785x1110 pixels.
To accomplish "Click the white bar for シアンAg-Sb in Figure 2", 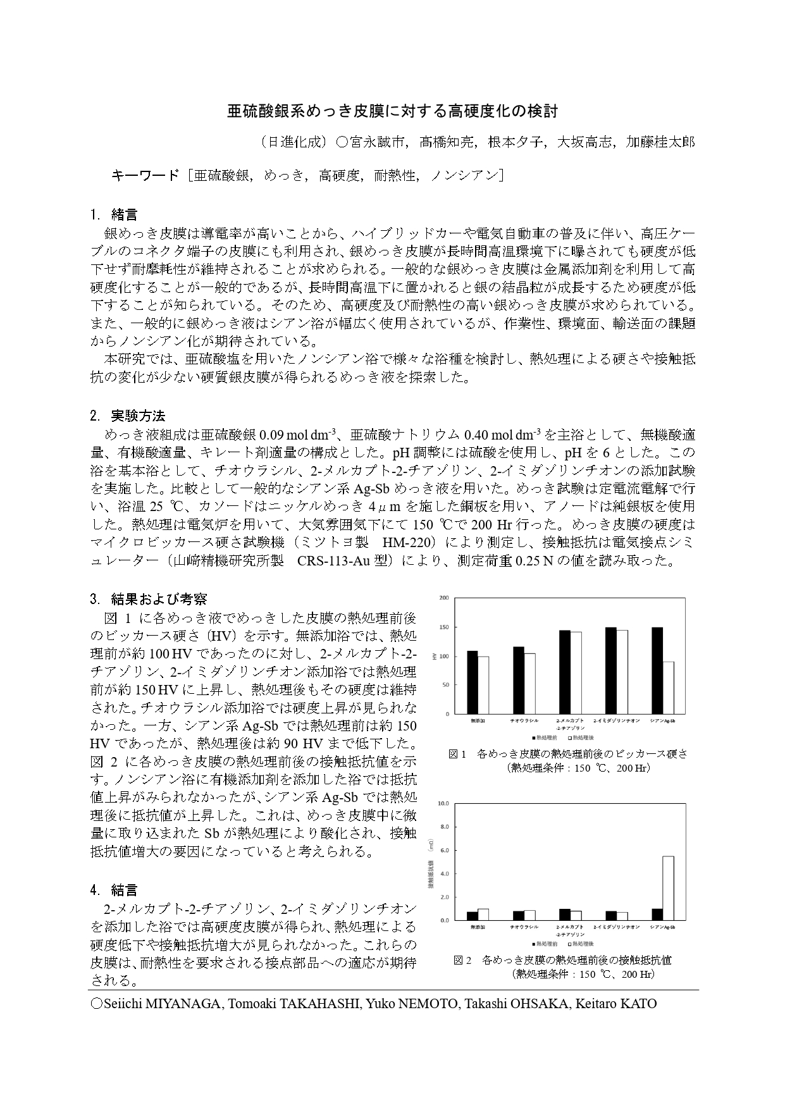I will (668, 888).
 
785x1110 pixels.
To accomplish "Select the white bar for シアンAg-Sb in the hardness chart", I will (668, 688).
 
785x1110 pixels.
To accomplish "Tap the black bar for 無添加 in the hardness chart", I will (472, 682).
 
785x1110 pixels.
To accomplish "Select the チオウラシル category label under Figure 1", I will (524, 720).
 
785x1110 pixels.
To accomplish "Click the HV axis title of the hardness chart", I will (434, 656).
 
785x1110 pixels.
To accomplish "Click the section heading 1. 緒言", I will (114, 214).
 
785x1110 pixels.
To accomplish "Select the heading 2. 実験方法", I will (128, 416).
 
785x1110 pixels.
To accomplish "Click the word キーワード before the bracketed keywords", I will (145, 176).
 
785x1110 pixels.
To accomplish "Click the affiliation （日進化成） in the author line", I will (294, 142).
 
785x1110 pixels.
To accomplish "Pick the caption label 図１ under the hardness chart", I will (456, 754).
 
